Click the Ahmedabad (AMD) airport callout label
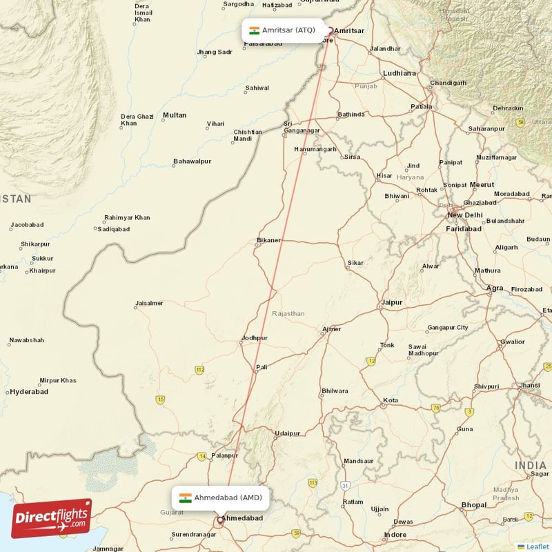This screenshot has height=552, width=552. (x=217, y=497)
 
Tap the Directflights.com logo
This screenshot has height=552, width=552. (x=52, y=518)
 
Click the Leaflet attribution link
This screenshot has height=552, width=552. (x=537, y=546)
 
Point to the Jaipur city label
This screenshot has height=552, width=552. (x=391, y=302)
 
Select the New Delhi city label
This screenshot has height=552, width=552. (x=464, y=215)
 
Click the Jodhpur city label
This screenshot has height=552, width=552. (x=254, y=338)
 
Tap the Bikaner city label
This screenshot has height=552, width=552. (x=268, y=240)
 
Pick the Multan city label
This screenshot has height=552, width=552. (x=174, y=115)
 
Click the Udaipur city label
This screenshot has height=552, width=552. (x=287, y=433)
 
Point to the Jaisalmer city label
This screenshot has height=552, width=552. (x=149, y=303)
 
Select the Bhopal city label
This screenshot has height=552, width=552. (x=474, y=505)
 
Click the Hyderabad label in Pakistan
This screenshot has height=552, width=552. (x=28, y=392)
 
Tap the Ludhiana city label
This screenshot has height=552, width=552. (x=400, y=73)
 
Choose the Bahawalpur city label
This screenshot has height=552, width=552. (x=192, y=161)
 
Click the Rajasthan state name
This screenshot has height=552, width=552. (x=288, y=313)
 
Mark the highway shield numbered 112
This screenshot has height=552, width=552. (x=200, y=371)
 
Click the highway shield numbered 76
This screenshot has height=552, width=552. (x=436, y=408)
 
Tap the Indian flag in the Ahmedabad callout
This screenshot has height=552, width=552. (x=185, y=497)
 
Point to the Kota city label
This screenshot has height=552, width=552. (x=391, y=400)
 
